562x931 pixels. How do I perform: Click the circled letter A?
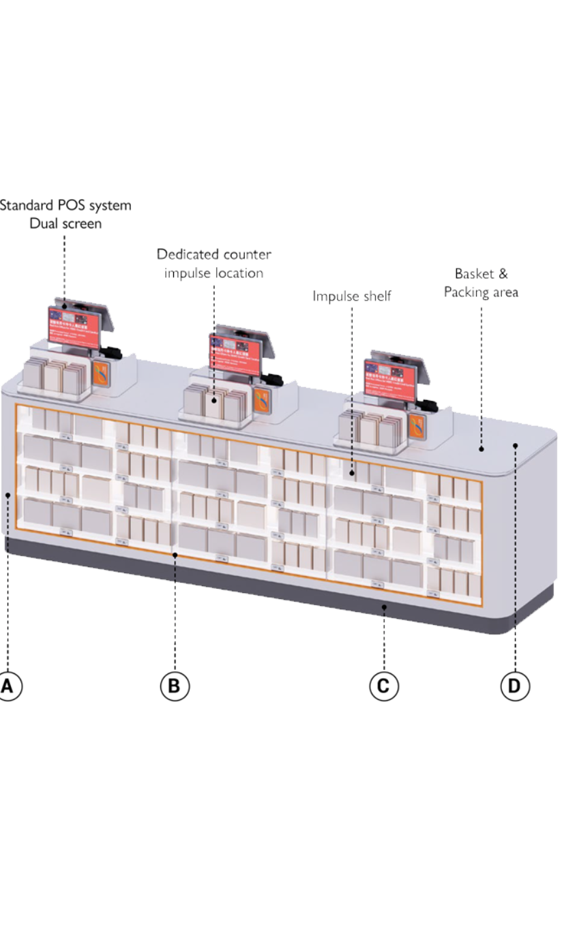8,686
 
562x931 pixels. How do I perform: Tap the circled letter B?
175,686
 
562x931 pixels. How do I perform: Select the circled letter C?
383,686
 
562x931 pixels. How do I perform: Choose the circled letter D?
514,686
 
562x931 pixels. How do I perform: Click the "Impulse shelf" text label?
352,296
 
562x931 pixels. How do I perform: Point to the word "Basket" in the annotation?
471,274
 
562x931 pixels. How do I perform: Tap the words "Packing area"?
482,292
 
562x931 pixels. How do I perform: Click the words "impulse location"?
214,273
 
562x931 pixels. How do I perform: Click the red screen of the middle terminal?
235,353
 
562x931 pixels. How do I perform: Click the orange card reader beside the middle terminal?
261,401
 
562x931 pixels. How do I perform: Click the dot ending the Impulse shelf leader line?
352,472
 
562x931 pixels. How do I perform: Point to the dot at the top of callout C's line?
384,606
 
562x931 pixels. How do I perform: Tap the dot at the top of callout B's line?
175,555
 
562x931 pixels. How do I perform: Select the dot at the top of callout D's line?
515,446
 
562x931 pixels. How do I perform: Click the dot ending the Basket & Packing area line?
481,448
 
